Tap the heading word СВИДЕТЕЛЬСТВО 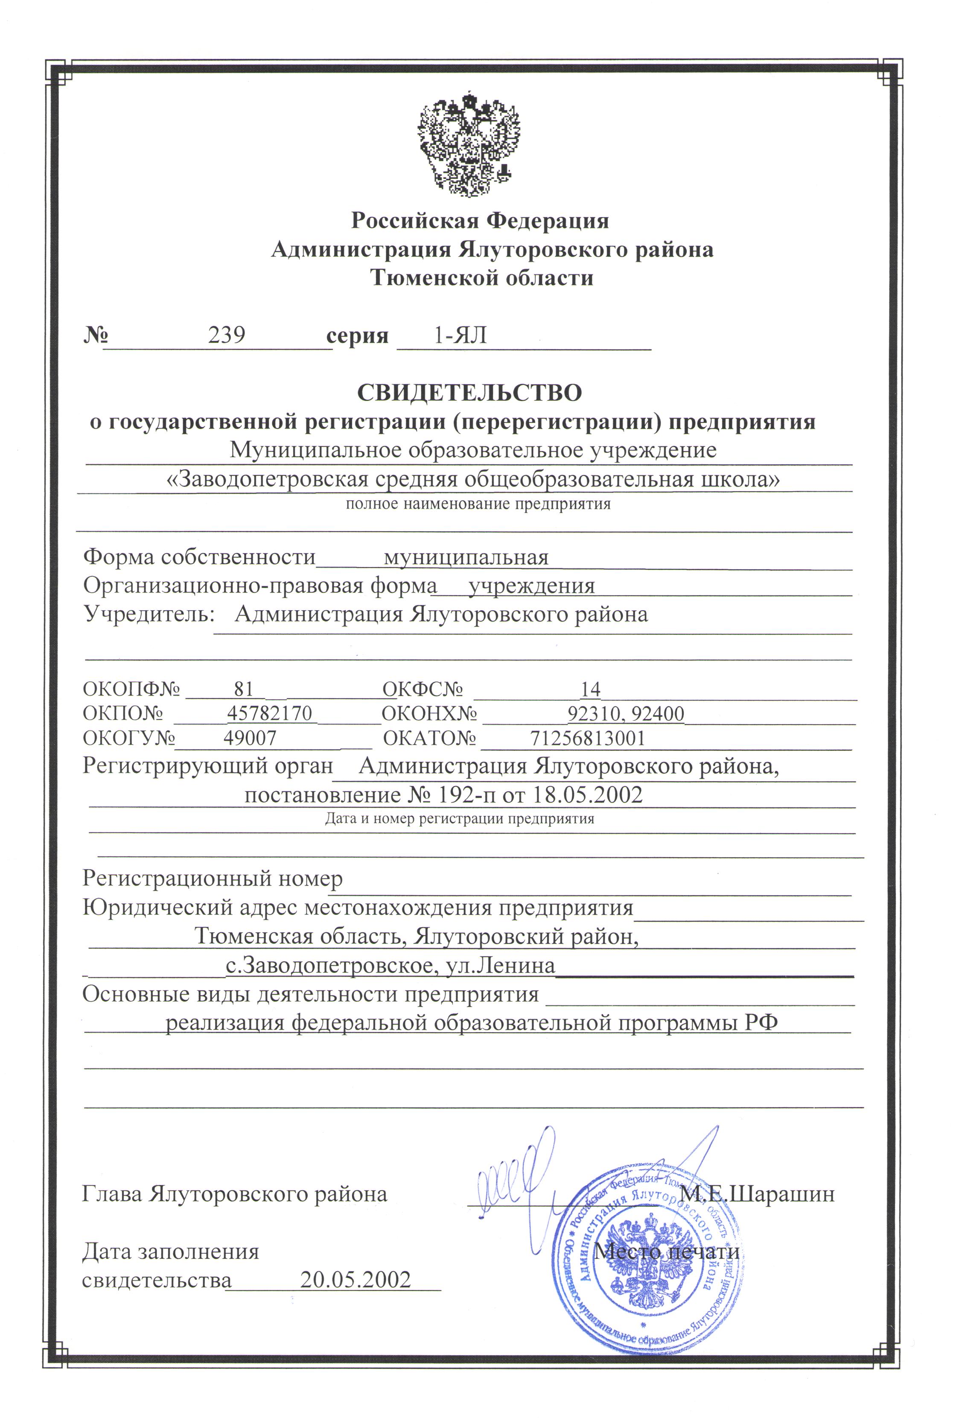coord(469,393)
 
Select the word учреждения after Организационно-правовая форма coord(531,585)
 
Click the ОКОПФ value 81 coord(243,689)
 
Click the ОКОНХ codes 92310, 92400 coord(626,713)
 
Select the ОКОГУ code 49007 coord(250,738)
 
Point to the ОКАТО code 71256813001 coord(587,738)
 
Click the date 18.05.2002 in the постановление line coord(588,795)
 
